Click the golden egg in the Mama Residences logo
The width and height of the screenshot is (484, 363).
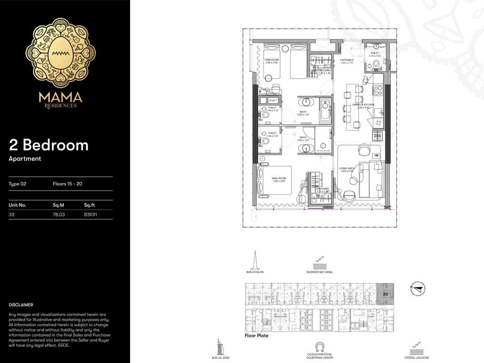[x=60, y=53]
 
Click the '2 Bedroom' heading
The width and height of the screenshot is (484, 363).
[x=49, y=145]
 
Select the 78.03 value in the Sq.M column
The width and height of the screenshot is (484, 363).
[x=59, y=215]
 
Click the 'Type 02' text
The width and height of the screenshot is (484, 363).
[x=17, y=183]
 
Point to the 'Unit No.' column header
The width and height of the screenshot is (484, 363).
[x=17, y=205]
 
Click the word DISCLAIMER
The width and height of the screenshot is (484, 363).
[x=21, y=304]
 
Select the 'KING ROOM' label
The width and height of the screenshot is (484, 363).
[x=279, y=179]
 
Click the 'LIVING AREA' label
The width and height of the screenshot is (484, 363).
[x=346, y=168]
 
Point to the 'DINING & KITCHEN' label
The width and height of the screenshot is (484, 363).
[x=363, y=105]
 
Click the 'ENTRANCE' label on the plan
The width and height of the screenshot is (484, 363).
[x=347, y=60]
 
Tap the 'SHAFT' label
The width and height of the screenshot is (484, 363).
[x=272, y=101]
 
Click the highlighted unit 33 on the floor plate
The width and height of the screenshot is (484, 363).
[x=385, y=294]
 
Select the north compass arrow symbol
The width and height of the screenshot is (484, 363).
[x=417, y=288]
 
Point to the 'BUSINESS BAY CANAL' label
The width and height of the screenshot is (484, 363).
[x=320, y=272]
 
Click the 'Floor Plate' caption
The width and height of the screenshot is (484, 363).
[x=256, y=336]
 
